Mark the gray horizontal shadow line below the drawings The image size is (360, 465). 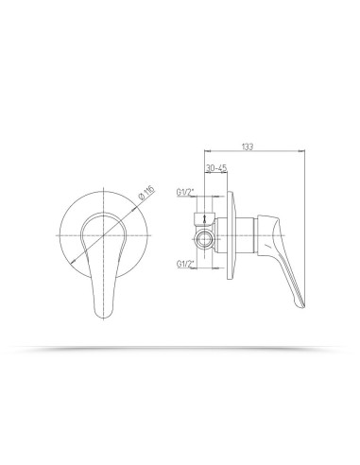click(180, 350)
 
